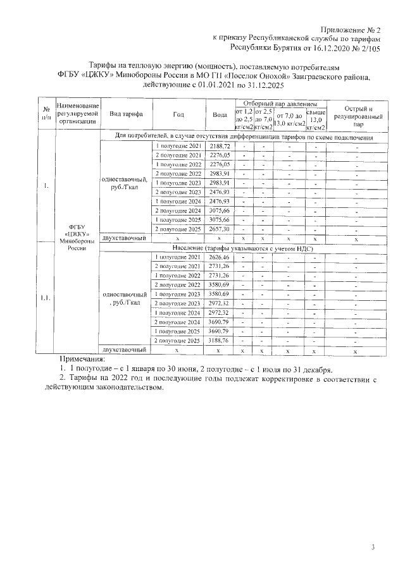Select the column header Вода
220,114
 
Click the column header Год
178,114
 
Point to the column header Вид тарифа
126,114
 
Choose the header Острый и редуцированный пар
358,114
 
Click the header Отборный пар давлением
280,102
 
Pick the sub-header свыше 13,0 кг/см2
316,118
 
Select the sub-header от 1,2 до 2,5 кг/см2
244,118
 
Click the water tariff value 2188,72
220,146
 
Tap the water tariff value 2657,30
220,228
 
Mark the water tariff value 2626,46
220,257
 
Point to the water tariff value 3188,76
220,340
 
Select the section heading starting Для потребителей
243,137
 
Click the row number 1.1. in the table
46,298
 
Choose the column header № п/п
46,114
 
